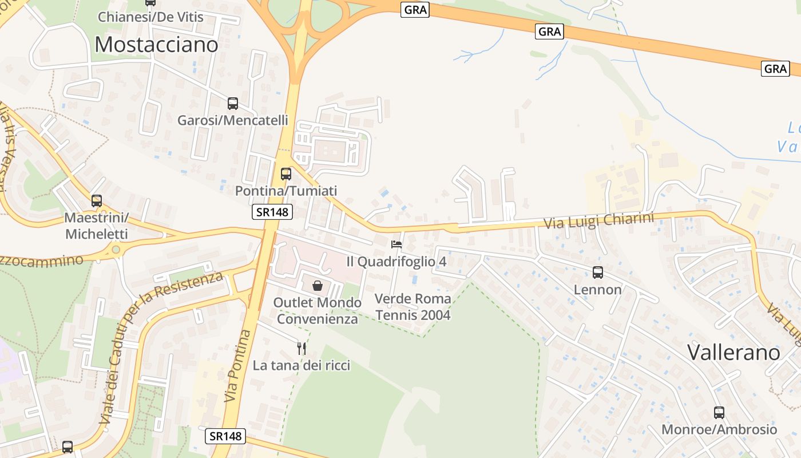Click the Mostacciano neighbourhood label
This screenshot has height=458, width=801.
[156, 44]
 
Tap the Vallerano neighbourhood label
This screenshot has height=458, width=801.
[733, 352]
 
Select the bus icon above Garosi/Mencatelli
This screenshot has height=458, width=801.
[233, 104]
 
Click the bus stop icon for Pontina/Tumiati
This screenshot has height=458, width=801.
[285, 174]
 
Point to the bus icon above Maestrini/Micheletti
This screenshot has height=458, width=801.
[97, 201]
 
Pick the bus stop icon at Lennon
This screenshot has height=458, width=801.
[598, 273]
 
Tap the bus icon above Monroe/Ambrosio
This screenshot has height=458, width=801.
[719, 412]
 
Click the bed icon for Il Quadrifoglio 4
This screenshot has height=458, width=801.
[396, 244]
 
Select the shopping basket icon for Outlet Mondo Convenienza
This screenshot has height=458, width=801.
[318, 285]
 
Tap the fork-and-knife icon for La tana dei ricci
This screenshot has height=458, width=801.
[302, 348]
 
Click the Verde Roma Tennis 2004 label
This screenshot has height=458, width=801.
[413, 307]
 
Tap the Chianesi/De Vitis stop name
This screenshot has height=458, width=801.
[150, 17]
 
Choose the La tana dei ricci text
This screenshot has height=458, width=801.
[302, 365]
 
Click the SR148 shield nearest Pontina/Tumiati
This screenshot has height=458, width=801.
[272, 212]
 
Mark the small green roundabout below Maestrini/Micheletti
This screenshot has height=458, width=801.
[116, 249]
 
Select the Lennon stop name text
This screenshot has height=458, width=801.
[598, 290]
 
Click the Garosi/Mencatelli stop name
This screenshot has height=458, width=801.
[233, 120]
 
